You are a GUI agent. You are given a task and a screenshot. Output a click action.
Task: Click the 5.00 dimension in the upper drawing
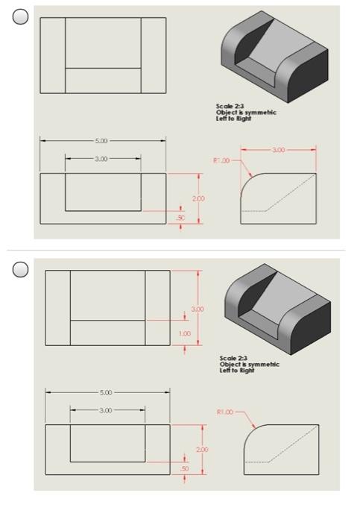[x=102, y=140]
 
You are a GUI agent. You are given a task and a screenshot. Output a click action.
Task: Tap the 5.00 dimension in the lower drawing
[x=107, y=392]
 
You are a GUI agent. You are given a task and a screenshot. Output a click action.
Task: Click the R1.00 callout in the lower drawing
[x=226, y=411]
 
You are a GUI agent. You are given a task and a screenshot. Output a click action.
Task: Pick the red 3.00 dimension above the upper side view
[x=277, y=151]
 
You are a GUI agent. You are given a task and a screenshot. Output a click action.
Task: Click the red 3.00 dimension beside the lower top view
[x=198, y=308]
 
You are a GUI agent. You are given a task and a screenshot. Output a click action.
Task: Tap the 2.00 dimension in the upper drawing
[x=198, y=199]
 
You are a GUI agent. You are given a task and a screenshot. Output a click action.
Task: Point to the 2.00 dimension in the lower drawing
[x=201, y=450]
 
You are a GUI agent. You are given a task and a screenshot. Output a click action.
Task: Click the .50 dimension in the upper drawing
[x=180, y=217]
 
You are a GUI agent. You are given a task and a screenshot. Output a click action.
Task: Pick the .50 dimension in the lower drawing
[x=185, y=468]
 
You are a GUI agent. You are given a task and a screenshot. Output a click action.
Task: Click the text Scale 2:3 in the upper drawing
[x=227, y=107]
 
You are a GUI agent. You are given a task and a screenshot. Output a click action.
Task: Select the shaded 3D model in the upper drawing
[x=274, y=58]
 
